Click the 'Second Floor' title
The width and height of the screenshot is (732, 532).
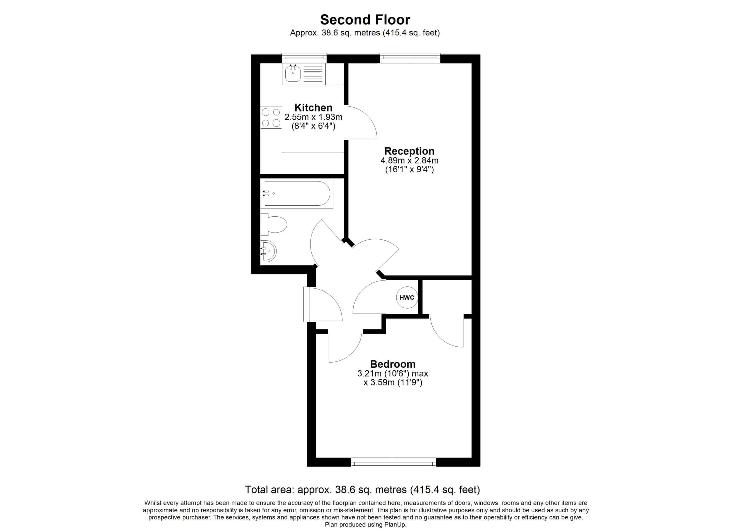pyautogui.click(x=365, y=20)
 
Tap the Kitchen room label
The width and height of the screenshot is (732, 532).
pyautogui.click(x=313, y=107)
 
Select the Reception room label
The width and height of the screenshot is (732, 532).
pyautogui.click(x=409, y=151)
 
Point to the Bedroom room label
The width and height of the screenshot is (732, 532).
pyautogui.click(x=393, y=364)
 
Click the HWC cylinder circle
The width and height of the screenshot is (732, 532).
pyautogui.click(x=407, y=297)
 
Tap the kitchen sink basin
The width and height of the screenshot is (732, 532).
pyautogui.click(x=293, y=73)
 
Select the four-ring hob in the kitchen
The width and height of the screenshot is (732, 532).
pyautogui.click(x=271, y=117)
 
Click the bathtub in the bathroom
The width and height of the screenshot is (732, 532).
pyautogui.click(x=297, y=193)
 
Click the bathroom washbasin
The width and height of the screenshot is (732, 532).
pyautogui.click(x=268, y=251)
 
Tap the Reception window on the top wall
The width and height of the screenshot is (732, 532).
pyautogui.click(x=410, y=58)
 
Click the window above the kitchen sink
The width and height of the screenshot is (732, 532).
pyautogui.click(x=304, y=58)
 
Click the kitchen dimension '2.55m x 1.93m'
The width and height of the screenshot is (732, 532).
pyautogui.click(x=313, y=117)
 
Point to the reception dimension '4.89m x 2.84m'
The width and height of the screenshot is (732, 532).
pyautogui.click(x=409, y=160)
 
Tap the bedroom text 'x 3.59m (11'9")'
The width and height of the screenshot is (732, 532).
pyautogui.click(x=393, y=383)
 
